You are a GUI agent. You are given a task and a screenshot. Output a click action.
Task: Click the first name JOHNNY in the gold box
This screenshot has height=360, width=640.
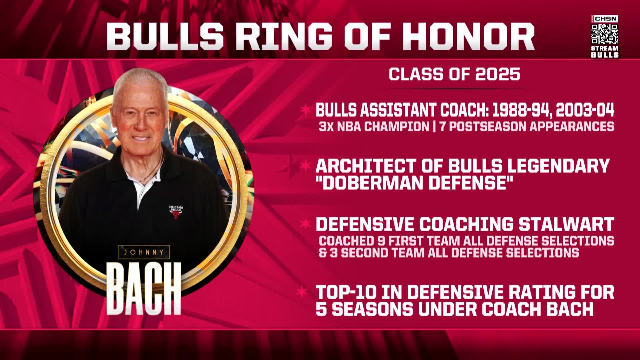(x=144, y=252)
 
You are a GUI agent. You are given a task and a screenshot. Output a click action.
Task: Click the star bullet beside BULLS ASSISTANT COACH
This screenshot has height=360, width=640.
(x=304, y=110)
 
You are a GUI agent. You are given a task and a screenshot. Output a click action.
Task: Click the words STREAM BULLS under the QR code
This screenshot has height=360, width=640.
(x=605, y=52)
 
